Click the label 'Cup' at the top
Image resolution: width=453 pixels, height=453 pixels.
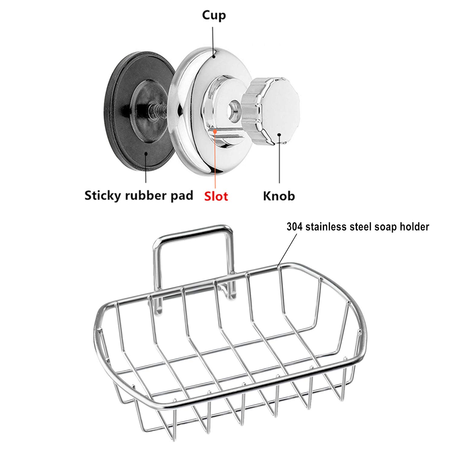[x=214, y=15]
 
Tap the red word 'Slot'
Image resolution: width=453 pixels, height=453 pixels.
[x=216, y=196]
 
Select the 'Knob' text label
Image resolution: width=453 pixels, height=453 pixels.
[x=279, y=196]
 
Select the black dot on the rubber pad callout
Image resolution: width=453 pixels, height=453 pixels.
[x=146, y=153]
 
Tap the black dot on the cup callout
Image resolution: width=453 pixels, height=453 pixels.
[x=213, y=56]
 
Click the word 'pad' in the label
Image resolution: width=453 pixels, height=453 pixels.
[x=182, y=196]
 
